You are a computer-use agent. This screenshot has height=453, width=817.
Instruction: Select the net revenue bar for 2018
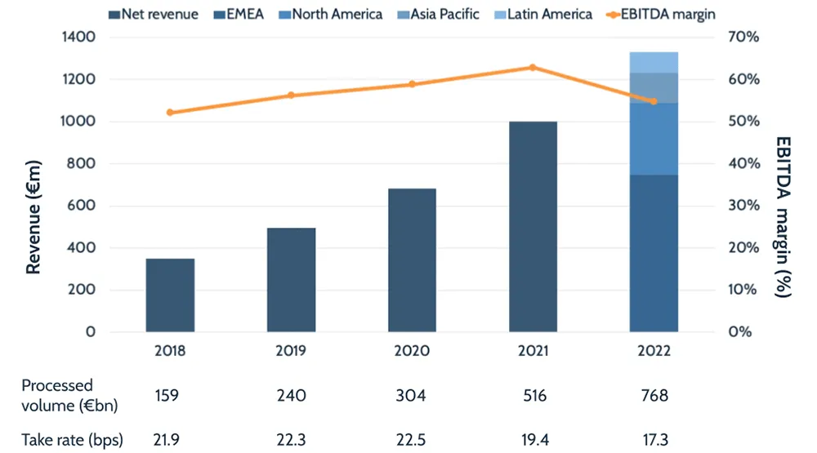pyautogui.click(x=170, y=295)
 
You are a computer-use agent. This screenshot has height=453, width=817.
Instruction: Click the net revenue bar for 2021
pyautogui.click(x=533, y=227)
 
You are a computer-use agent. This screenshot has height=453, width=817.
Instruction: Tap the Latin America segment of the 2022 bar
pyautogui.click(x=654, y=62)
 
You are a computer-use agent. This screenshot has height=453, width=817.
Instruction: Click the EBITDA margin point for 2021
pyautogui.click(x=533, y=68)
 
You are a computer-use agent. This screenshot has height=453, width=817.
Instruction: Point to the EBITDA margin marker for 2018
pyautogui.click(x=170, y=113)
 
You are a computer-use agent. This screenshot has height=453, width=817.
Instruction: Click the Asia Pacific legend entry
pyautogui.click(x=441, y=14)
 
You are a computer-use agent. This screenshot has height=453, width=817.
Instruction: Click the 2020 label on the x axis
pyautogui.click(x=412, y=351)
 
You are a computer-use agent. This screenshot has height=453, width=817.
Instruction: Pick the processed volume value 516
pyautogui.click(x=533, y=396)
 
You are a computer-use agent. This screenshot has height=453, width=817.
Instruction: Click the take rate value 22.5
pyautogui.click(x=412, y=441)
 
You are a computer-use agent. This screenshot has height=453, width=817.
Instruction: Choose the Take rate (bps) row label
pyautogui.click(x=72, y=441)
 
